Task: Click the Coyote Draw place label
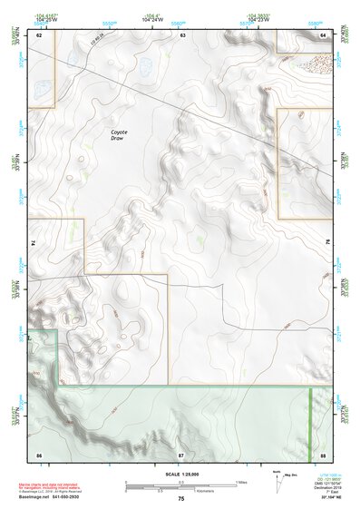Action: tap(119, 134)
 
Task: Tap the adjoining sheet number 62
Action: tap(39, 34)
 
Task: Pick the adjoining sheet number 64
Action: tap(323, 34)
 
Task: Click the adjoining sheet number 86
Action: tap(39, 453)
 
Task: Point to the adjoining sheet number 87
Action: tap(181, 453)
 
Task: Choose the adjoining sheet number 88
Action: tap(323, 453)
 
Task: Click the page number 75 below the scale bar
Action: tap(181, 499)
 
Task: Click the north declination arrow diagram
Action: tap(277, 477)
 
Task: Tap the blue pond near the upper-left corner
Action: tap(42, 89)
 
